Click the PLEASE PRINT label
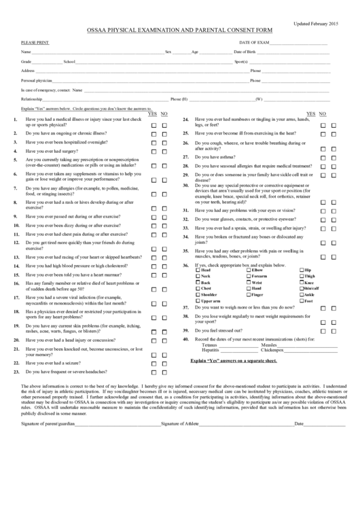35,42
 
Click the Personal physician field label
37,80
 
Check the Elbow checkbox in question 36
247,270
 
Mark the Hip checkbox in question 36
302,270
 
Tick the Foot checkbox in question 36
302,301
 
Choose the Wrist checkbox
247,283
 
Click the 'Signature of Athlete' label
181,423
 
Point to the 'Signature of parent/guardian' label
47,423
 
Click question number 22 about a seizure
16,363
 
